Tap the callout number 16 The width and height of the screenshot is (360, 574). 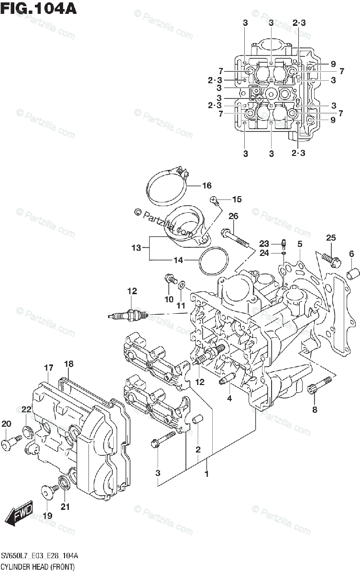click(x=206, y=186)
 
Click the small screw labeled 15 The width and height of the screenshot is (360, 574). click(x=214, y=199)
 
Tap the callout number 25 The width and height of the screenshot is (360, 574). click(x=331, y=237)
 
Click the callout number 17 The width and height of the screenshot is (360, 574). click(x=48, y=368)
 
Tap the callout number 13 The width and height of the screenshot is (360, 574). click(x=136, y=248)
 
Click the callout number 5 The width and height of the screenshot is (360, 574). click(x=300, y=244)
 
